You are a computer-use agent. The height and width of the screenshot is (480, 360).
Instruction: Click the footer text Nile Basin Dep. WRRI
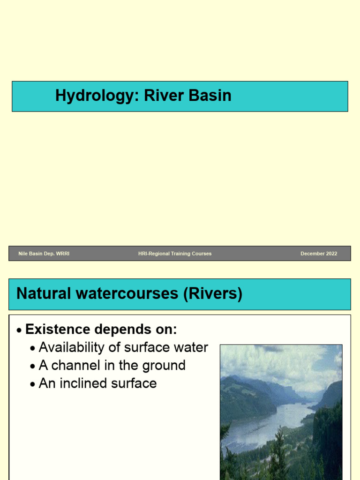click(44, 254)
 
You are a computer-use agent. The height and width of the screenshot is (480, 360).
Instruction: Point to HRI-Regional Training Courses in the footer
click(175, 254)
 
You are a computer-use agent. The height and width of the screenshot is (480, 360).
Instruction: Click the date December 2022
click(319, 254)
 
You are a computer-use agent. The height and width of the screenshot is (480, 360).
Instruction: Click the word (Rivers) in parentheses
click(213, 294)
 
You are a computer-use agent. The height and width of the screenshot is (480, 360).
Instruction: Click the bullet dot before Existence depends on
click(19, 330)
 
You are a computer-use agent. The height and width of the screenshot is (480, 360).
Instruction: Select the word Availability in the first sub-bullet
click(71, 347)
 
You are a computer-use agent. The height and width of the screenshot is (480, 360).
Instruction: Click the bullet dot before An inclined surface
click(32, 384)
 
